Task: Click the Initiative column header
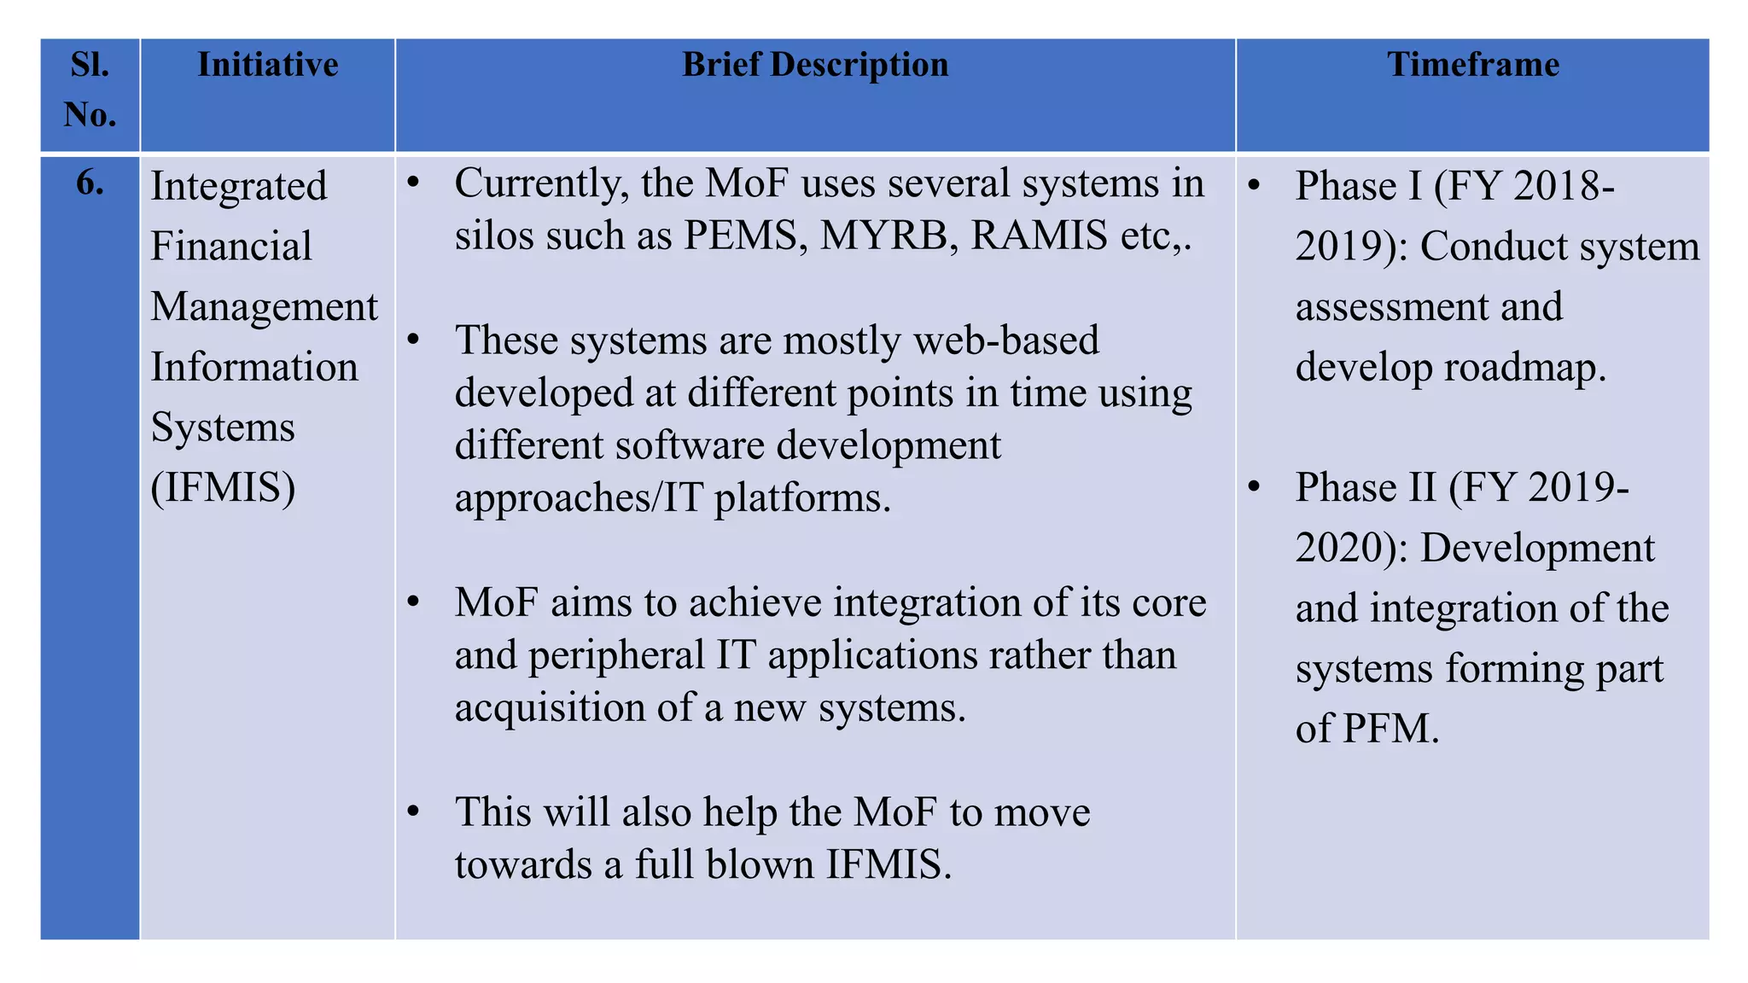pyautogui.click(x=267, y=65)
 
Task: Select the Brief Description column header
pyautogui.click(x=815, y=65)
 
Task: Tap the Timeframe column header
pyautogui.click(x=1472, y=65)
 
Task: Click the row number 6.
pyautogui.click(x=90, y=183)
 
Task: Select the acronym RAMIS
pyautogui.click(x=1039, y=236)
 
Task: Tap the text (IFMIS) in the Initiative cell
pyautogui.click(x=223, y=488)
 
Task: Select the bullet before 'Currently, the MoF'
pyautogui.click(x=414, y=183)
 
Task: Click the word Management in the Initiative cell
pyautogui.click(x=264, y=307)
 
